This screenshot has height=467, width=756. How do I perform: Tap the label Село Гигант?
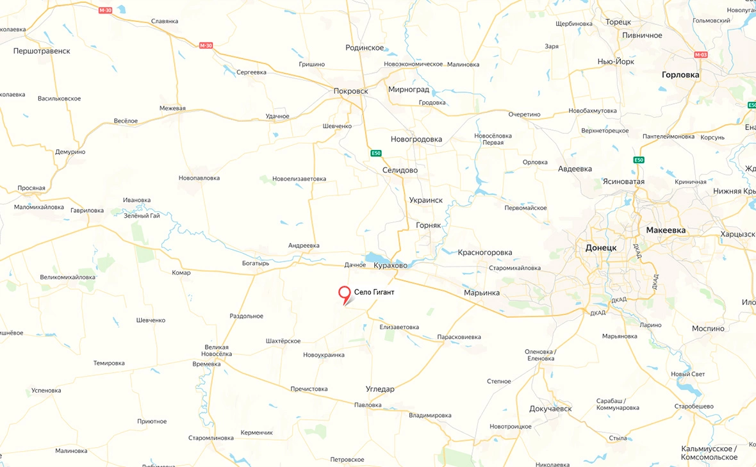tap(374, 292)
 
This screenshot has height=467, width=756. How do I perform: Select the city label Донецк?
tap(601, 247)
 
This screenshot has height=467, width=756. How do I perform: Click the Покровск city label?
tap(351, 91)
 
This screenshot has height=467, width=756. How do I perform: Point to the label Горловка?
tap(680, 74)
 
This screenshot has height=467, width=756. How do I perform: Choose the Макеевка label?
tap(666, 230)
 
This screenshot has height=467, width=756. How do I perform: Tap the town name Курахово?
tap(391, 265)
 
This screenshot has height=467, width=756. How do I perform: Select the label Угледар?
tap(380, 389)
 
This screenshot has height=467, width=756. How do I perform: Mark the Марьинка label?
tap(482, 293)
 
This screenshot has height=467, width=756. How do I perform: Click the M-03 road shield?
tap(701, 54)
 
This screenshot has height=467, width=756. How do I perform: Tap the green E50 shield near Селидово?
tap(376, 153)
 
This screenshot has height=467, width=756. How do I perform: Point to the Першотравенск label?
tap(42, 51)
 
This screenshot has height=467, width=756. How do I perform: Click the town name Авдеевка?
tap(575, 169)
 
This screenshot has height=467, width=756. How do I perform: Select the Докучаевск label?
tap(550, 409)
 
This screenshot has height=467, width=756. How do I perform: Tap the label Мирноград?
tap(409, 90)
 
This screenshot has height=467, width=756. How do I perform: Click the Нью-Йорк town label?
tap(616, 61)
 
